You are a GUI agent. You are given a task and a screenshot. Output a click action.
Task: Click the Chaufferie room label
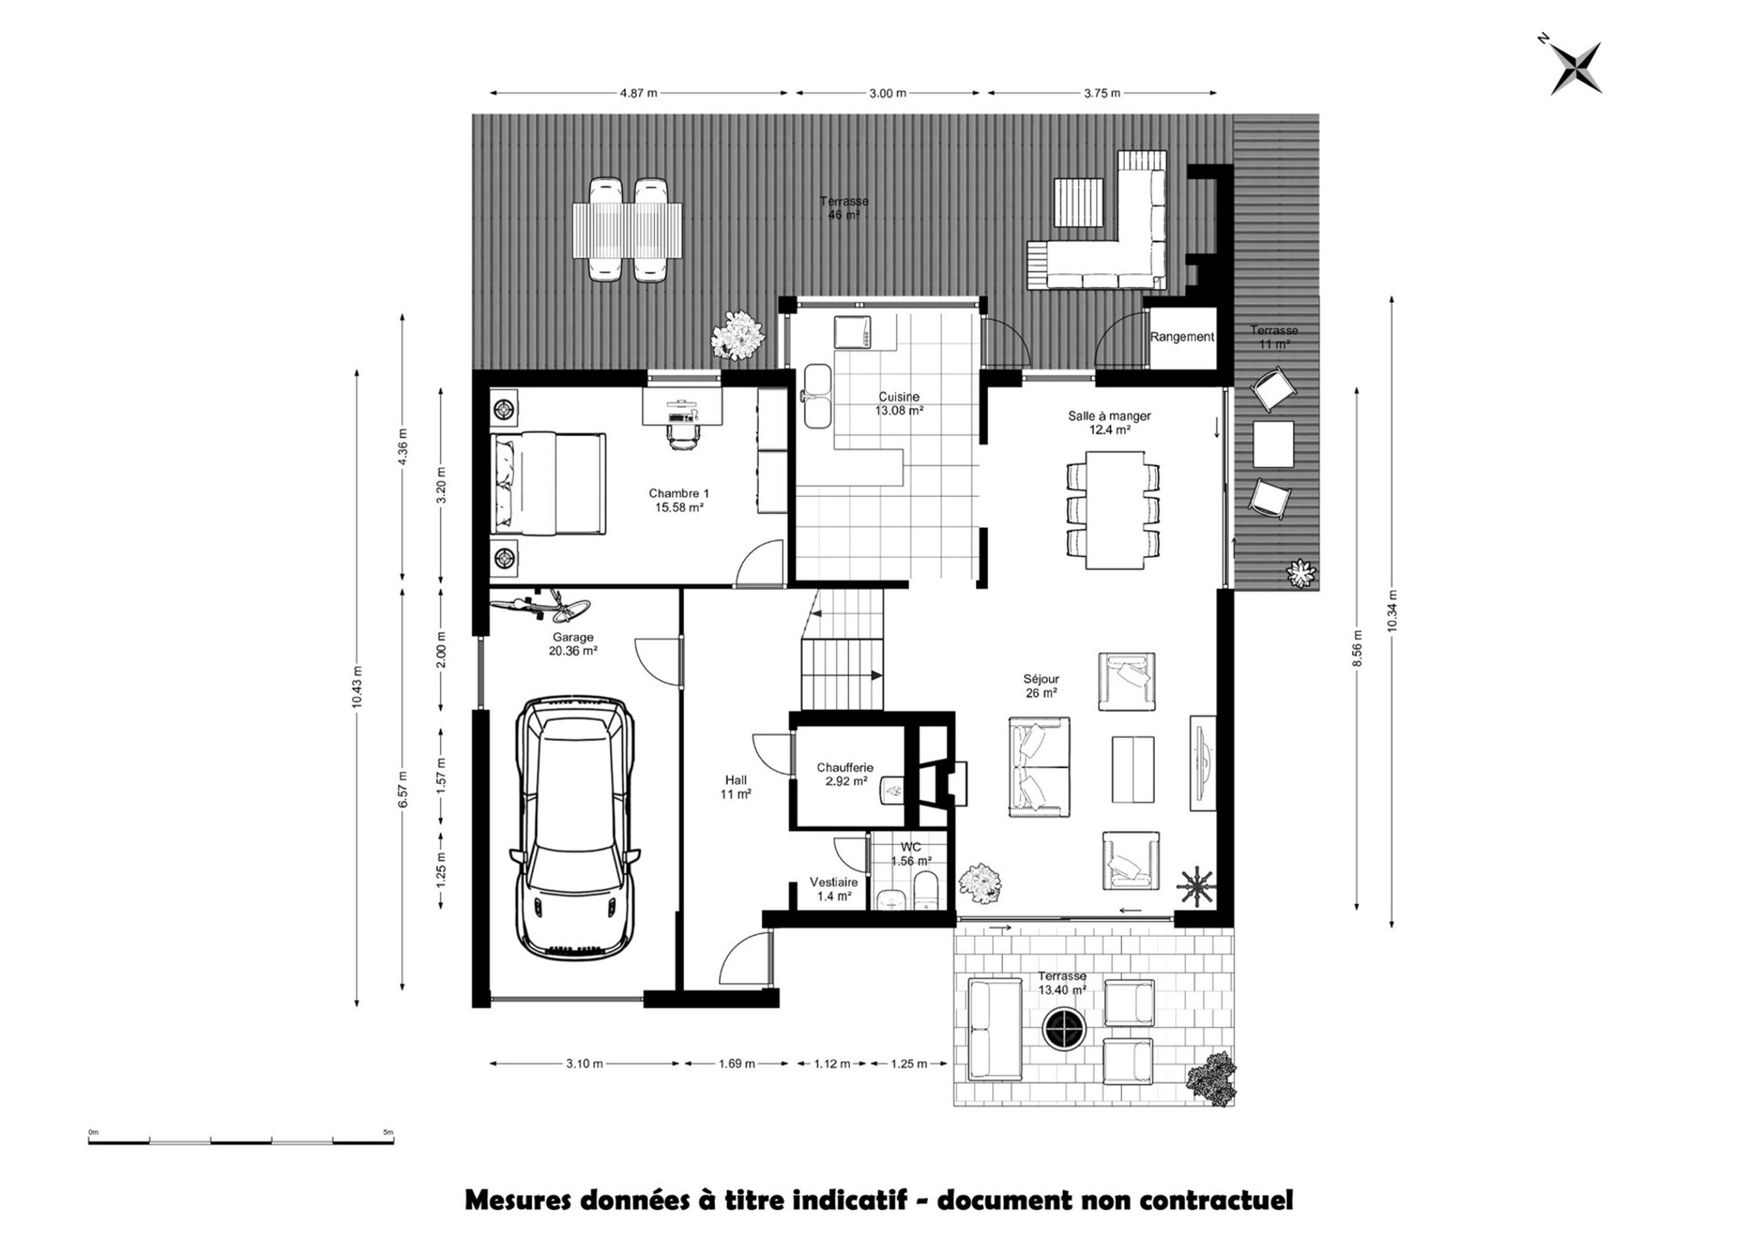(x=845, y=768)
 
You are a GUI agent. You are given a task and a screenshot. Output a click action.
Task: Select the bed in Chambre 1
(x=549, y=484)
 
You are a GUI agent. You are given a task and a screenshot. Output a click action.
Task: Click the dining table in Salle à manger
(x=1114, y=509)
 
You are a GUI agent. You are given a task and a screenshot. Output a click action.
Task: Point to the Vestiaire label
(x=833, y=882)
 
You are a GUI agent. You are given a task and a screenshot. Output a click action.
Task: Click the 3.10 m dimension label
(x=584, y=1064)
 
